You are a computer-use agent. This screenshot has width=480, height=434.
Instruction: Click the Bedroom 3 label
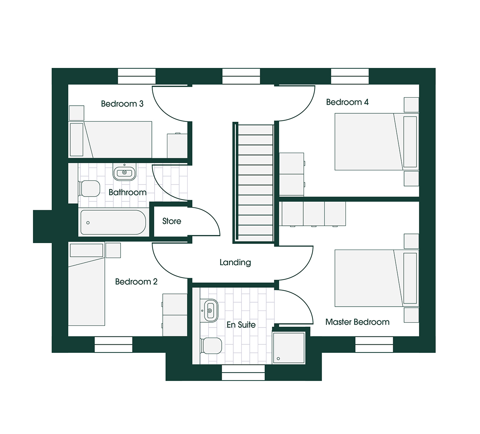122,104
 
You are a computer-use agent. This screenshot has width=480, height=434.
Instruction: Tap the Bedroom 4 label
347,102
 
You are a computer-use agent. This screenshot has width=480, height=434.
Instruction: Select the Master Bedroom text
357,322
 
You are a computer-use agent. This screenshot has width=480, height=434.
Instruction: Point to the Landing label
235,262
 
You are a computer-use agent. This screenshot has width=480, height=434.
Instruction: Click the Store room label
172,221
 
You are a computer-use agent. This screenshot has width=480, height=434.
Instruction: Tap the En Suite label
241,325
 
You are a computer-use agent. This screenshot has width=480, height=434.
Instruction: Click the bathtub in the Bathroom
113,222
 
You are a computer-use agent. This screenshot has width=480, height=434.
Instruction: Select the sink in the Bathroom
124,172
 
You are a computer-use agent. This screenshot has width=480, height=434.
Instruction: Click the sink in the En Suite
210,310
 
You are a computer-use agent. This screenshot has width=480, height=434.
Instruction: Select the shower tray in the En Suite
289,348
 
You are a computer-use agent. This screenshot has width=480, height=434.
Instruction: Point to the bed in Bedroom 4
376,142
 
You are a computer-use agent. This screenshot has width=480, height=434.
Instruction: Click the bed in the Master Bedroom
376,278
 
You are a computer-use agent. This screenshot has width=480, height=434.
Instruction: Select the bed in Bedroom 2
87,284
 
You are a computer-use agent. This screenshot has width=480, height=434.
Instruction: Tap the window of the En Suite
243,373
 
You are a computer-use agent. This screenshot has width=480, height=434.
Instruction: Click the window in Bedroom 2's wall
113,344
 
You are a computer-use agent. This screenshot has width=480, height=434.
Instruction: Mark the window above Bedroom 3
137,76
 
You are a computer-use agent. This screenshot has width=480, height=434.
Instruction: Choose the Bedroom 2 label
136,282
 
